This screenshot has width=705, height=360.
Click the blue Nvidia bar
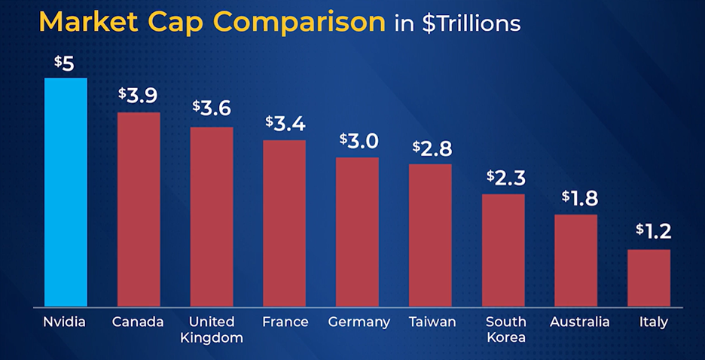66,192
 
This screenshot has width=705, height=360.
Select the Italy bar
649,278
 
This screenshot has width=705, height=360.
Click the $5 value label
64,63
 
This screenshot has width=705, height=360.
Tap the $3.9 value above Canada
138,96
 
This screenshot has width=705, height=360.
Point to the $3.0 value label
358,141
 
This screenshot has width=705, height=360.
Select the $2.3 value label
505,178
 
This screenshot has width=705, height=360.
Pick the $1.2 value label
652,230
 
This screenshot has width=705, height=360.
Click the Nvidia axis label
65,322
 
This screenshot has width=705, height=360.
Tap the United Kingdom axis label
212,330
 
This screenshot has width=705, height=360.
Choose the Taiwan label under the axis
432,322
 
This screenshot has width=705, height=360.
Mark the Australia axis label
579,322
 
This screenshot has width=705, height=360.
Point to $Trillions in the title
471,24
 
